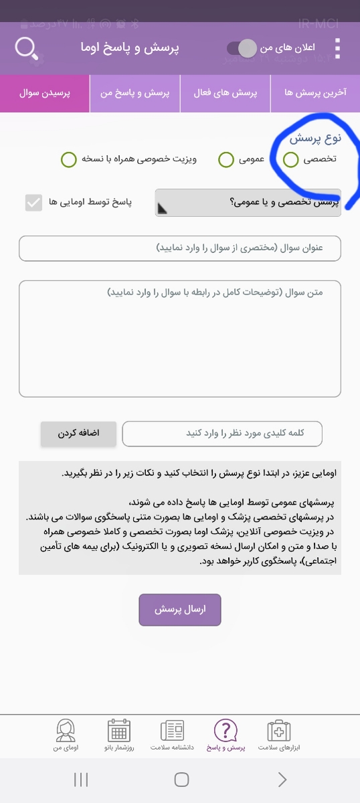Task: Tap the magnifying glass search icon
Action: pos(26,49)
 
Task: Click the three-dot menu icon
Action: pos(337,49)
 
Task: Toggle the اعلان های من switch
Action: pos(242,48)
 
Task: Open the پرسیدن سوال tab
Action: pos(45,93)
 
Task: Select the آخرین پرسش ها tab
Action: pos(315,93)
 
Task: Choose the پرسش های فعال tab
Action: pos(226,93)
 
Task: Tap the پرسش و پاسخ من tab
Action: pos(135,93)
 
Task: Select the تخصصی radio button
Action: pos(291,159)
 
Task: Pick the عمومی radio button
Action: pos(226,159)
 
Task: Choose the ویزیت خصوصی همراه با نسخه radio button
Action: pos(68,159)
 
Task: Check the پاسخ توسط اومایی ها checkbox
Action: pos(33,202)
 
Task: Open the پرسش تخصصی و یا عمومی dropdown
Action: pos(248,202)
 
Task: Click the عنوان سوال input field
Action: pos(180,248)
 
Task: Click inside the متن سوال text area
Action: pos(180,338)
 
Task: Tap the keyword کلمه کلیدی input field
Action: pos(222,433)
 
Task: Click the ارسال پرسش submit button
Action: pos(180,610)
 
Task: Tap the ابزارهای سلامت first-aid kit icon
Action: pos(278,730)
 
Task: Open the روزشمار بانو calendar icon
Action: pos(119,730)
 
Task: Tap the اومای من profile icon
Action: pos(66,730)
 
